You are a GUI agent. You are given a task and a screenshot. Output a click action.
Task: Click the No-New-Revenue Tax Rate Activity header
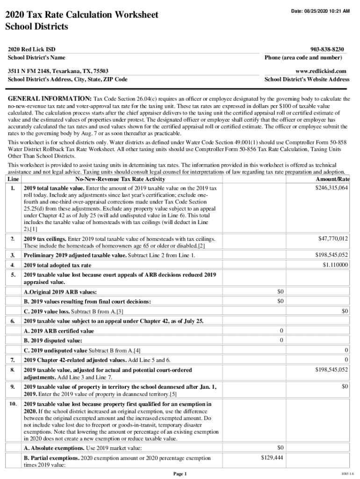(120, 180)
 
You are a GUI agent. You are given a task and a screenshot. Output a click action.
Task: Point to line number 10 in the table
(13, 404)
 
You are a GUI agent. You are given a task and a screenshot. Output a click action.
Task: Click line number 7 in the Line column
(13, 360)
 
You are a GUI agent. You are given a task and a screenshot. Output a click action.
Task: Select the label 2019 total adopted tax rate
(58, 265)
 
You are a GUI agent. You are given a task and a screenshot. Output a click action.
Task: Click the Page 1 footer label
(180, 474)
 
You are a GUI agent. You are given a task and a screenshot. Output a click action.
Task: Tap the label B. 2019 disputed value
(53, 341)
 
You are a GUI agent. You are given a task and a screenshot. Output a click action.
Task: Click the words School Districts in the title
(36, 27)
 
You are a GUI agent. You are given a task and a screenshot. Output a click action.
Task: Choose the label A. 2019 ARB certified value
(59, 331)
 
